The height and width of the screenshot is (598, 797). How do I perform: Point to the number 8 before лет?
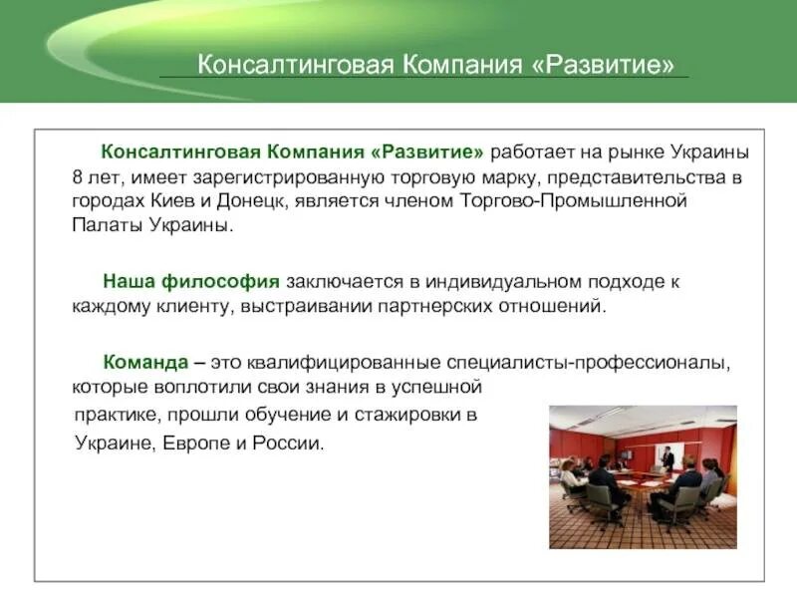[77, 177]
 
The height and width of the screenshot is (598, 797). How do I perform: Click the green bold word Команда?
[141, 362]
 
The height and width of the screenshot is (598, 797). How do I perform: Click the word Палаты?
[103, 224]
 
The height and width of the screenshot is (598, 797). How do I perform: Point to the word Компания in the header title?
[457, 65]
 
